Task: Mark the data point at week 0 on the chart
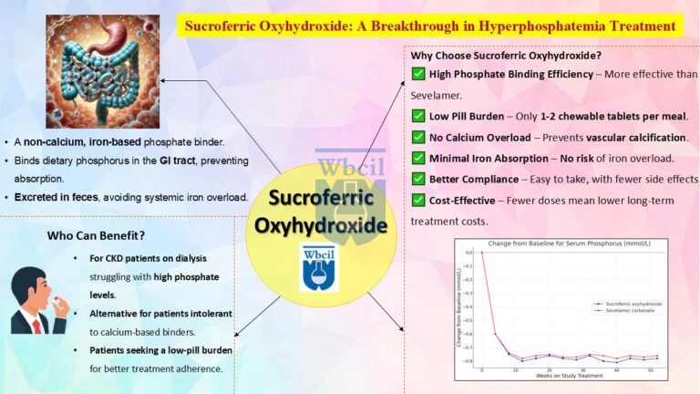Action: [x=482, y=254]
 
